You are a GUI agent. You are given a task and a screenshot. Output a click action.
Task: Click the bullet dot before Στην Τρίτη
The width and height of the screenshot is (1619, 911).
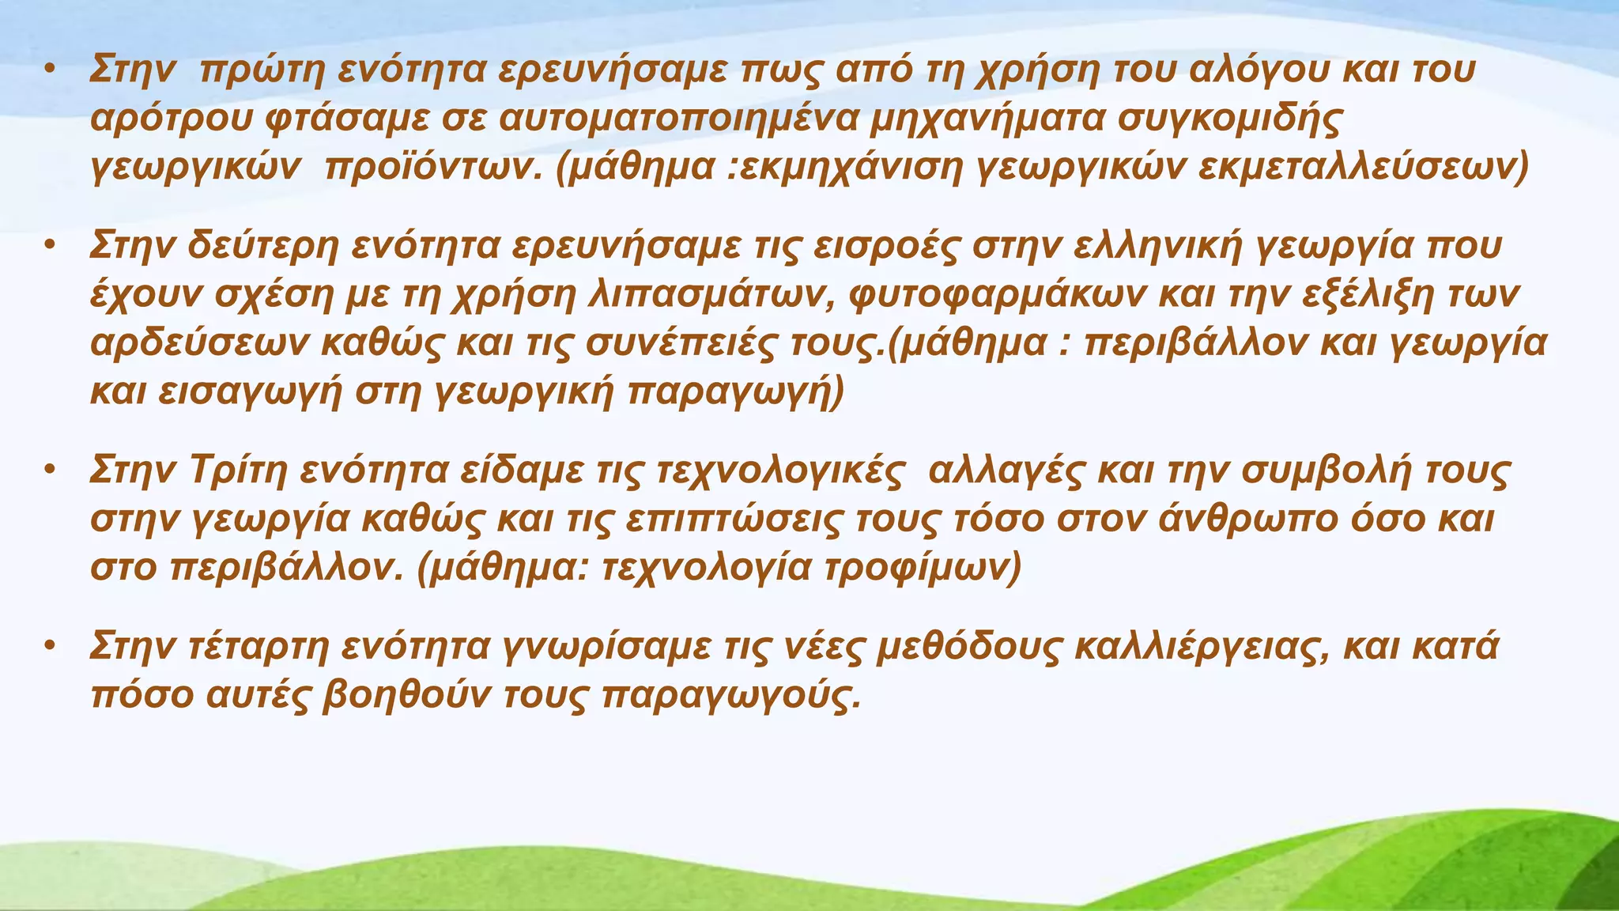(49, 471)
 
